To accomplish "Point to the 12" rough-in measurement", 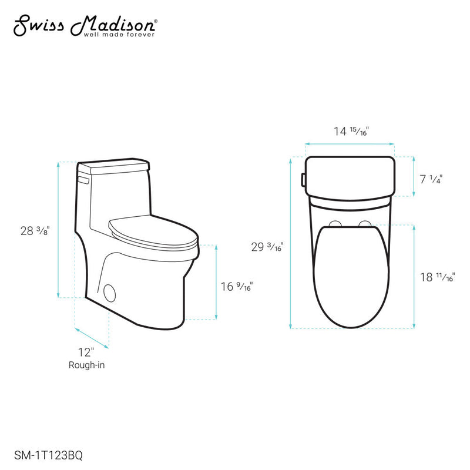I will pos(86,352).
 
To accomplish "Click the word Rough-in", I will pos(86,365).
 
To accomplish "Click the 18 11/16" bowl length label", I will pos(438,278).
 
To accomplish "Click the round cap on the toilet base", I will pos(109,292).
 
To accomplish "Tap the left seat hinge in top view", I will pos(335,224).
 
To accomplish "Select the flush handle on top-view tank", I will pos(303,178).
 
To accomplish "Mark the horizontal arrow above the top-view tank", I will pos(350,143).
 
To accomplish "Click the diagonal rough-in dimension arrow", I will pos(92,338).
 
